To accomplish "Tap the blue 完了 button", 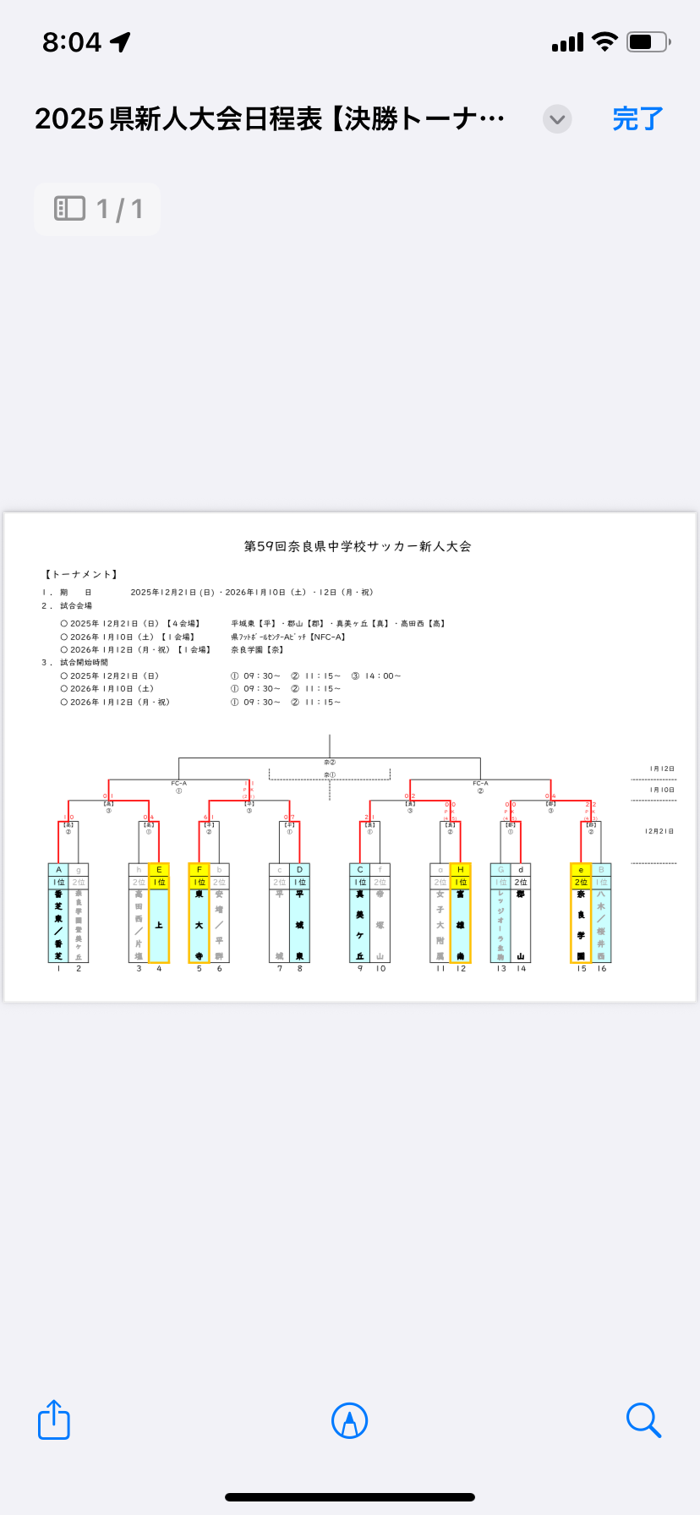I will click(x=637, y=119).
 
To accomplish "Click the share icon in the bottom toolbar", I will click(x=54, y=1419).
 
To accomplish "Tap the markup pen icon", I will click(x=349, y=1420).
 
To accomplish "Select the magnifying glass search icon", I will click(x=643, y=1419).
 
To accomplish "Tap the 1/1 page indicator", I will click(x=98, y=209).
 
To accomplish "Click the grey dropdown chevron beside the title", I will click(x=557, y=119).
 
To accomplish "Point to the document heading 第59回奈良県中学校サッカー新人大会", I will click(x=358, y=546).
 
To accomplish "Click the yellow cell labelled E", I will click(x=159, y=869).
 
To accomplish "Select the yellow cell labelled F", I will click(x=200, y=869).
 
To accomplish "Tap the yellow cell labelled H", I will click(x=460, y=869).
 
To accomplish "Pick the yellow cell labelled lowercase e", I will click(x=581, y=869).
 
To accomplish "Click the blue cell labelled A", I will click(x=58, y=869).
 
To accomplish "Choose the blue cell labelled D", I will click(x=299, y=869).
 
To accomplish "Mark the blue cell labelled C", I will click(x=360, y=869).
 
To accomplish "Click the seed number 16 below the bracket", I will click(x=601, y=969).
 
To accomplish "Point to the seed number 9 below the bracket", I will click(x=360, y=969).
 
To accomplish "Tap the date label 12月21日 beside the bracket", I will click(x=659, y=831).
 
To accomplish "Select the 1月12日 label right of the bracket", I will click(x=662, y=768).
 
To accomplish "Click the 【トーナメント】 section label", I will click(x=81, y=575).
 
